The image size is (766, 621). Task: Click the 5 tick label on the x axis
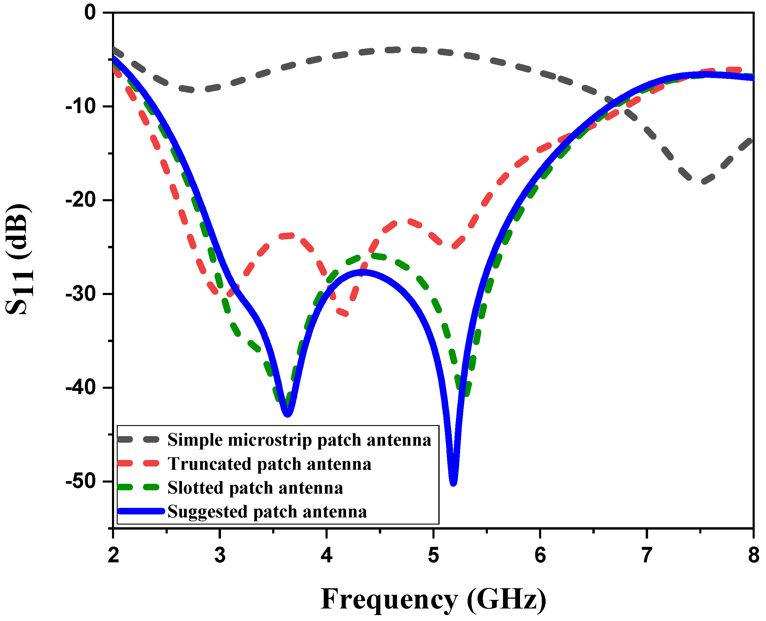click(433, 555)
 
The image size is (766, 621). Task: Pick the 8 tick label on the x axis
click(753, 555)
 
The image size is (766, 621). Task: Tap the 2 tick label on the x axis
click(113, 555)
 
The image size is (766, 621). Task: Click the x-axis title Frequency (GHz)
click(433, 599)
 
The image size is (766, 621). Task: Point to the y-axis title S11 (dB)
click(18, 259)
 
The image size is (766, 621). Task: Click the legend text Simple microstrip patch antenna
click(299, 440)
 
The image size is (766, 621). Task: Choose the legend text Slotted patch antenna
click(255, 488)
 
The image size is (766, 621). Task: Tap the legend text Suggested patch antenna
click(267, 511)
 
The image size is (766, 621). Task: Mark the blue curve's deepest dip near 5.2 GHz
click(453, 483)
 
